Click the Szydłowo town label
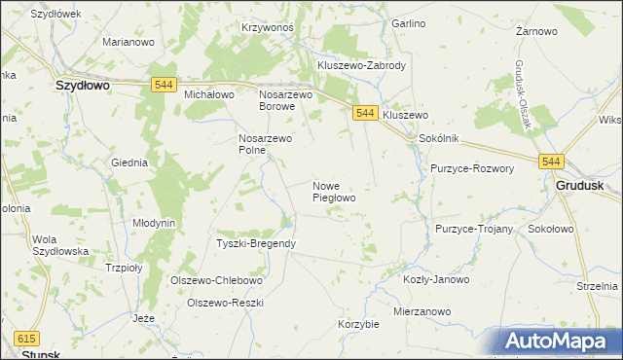pyautogui.click(x=82, y=86)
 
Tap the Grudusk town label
pyautogui.click(x=579, y=185)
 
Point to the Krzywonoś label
pyautogui.click(x=268, y=28)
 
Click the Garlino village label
pyautogui.click(x=408, y=22)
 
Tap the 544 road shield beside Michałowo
pyautogui.click(x=164, y=87)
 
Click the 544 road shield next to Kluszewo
pyautogui.click(x=365, y=114)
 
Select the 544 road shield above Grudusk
pyautogui.click(x=552, y=162)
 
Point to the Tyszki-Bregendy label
pyautogui.click(x=256, y=243)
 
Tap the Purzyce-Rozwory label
pyautogui.click(x=472, y=168)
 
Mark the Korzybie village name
pyautogui.click(x=358, y=324)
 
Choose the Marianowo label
pyautogui.click(x=129, y=42)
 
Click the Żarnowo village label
pyautogui.click(x=536, y=31)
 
